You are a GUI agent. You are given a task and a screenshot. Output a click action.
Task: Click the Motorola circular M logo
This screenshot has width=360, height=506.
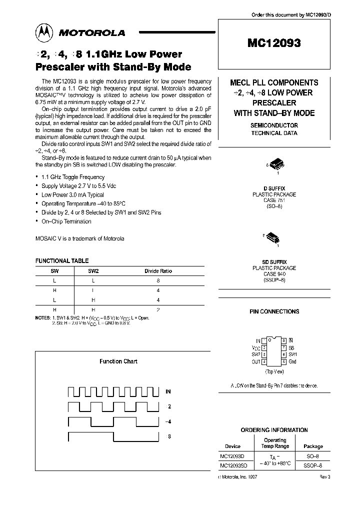(x=45, y=32)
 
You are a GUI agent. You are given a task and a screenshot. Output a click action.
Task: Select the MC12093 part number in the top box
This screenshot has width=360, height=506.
(x=273, y=43)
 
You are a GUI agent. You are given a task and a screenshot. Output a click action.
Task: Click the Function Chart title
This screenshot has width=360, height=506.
(x=118, y=361)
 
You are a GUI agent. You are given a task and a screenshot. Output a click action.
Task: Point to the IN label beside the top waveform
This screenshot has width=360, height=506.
(x=168, y=391)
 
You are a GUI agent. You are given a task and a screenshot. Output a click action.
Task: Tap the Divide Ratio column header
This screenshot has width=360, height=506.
(x=158, y=271)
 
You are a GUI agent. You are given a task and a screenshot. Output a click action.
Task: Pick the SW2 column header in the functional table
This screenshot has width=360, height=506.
(x=93, y=271)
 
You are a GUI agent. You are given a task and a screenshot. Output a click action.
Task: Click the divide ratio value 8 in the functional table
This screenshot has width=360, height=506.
(x=158, y=281)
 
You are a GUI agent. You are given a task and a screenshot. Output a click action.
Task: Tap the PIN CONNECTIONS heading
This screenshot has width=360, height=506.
(x=274, y=311)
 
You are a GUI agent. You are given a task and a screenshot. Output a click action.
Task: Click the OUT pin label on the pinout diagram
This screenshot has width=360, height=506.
(x=256, y=361)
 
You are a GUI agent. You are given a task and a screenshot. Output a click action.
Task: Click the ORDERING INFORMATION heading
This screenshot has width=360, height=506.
(x=274, y=430)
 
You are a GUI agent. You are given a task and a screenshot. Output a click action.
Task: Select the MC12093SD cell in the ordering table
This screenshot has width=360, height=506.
(x=233, y=465)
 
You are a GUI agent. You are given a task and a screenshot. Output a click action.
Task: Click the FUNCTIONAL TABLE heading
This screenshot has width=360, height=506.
(x=61, y=260)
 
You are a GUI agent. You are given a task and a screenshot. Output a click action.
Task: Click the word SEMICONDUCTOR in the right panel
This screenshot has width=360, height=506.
(x=274, y=125)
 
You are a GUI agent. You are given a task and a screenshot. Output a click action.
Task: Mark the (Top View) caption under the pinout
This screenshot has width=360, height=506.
(x=274, y=372)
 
